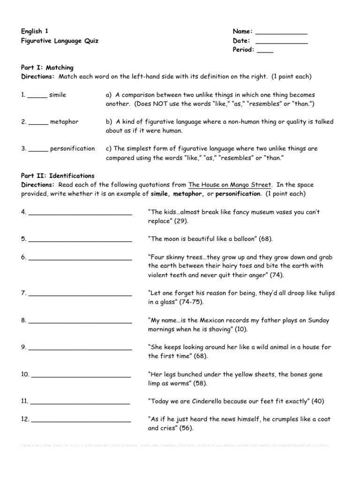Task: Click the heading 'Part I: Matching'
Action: (x=47, y=67)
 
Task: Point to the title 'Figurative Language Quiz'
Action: (x=60, y=41)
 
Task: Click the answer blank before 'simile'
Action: (x=37, y=97)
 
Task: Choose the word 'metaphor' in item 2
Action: (x=64, y=122)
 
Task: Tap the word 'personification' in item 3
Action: (x=72, y=149)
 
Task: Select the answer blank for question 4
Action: (x=80, y=214)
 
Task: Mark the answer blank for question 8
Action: (x=80, y=323)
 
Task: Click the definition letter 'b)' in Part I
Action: (x=110, y=122)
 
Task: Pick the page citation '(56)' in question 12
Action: (x=185, y=428)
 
